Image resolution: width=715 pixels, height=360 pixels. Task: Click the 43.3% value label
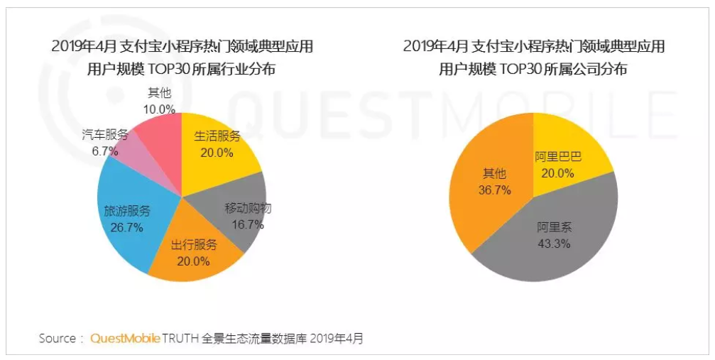click(x=555, y=243)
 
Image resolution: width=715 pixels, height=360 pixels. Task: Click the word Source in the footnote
click(x=57, y=338)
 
